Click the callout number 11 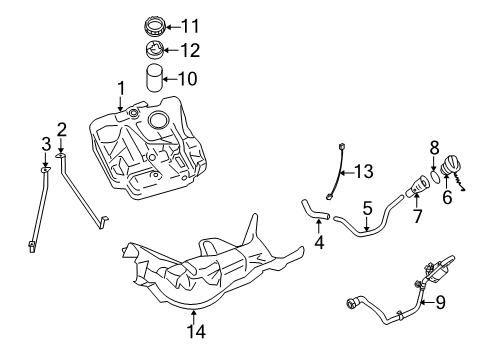[190, 25]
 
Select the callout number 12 [190, 50]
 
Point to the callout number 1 [122, 88]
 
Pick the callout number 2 [61, 128]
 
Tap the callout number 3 [44, 144]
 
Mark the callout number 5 [367, 209]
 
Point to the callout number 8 [433, 149]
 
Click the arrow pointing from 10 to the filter [171, 77]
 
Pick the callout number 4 [319, 240]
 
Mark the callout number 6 [446, 198]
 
